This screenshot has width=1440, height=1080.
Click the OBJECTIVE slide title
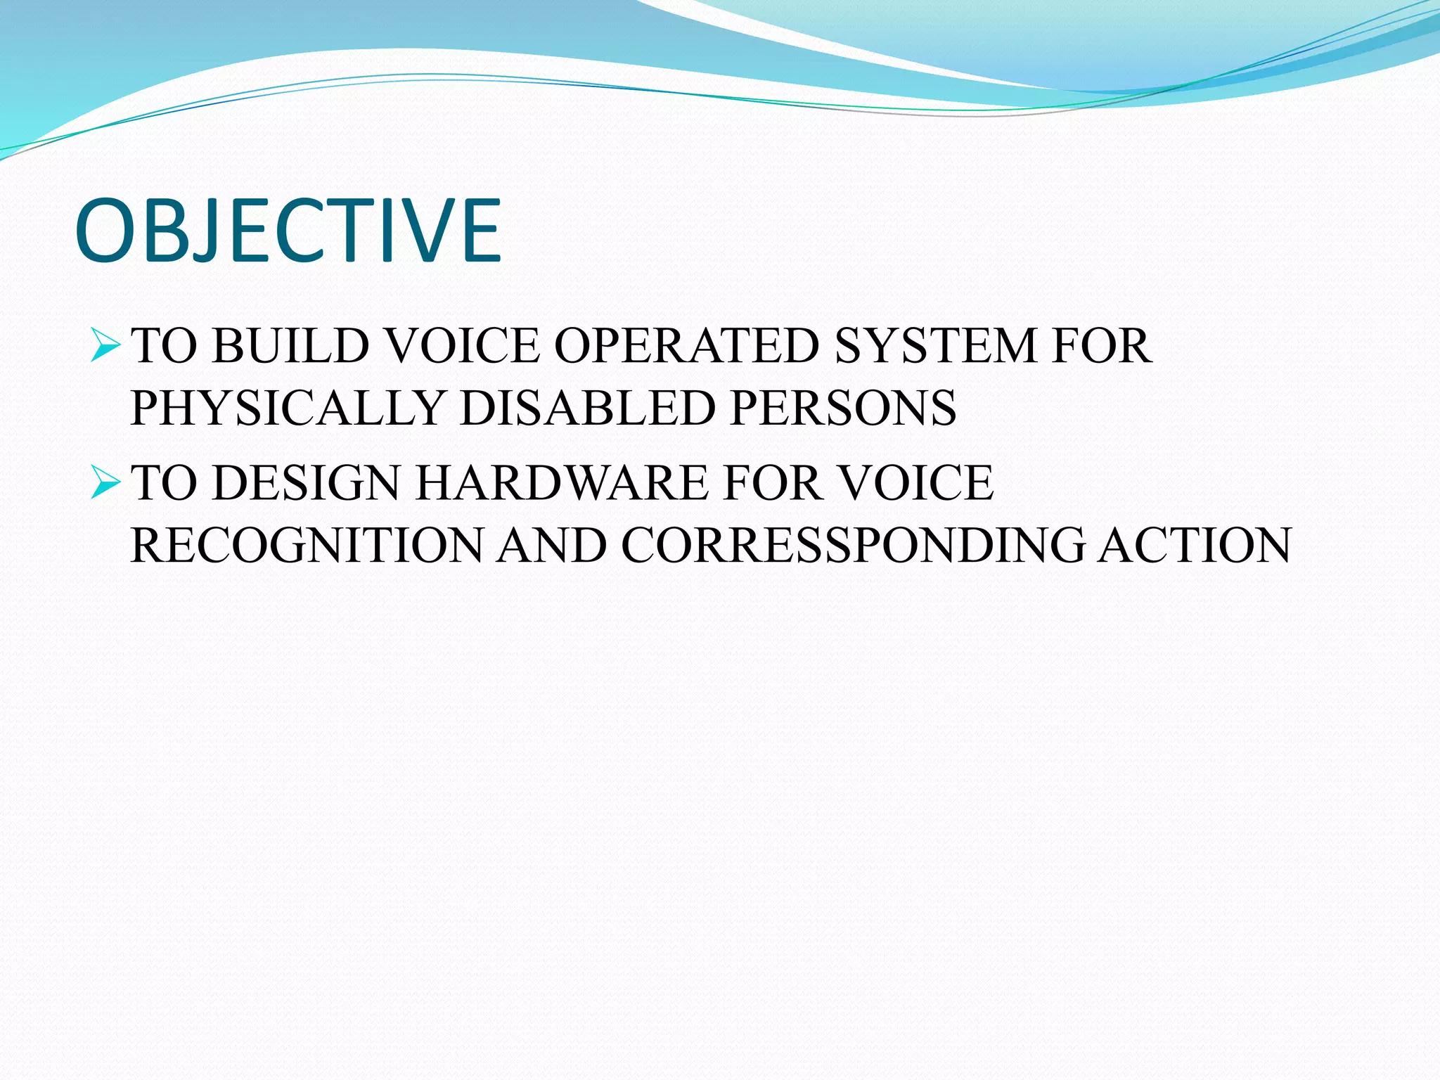[x=288, y=231]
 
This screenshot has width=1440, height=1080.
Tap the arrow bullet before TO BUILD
[x=105, y=347]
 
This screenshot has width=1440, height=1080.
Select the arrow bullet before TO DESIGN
[x=105, y=484]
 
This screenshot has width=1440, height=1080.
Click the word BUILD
[x=290, y=346]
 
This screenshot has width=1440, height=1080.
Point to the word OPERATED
[x=686, y=346]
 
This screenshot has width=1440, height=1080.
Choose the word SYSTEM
[x=935, y=346]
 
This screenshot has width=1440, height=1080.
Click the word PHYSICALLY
[x=288, y=408]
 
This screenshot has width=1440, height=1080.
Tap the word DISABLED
[x=587, y=408]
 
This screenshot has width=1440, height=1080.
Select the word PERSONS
[x=843, y=408]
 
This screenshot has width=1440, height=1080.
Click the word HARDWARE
[x=562, y=483]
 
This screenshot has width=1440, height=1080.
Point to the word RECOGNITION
[x=307, y=545]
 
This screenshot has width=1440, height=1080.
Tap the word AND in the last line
[x=552, y=545]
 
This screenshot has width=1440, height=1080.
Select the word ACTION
[x=1195, y=545]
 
